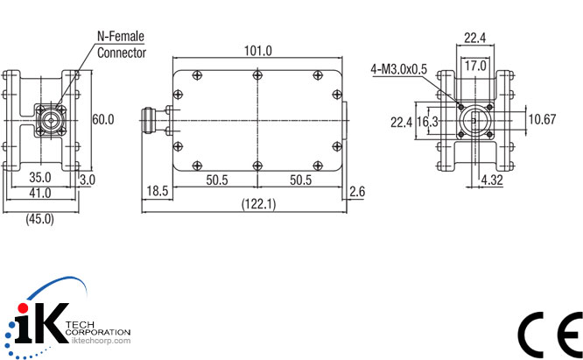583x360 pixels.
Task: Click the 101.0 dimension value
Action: (257, 51)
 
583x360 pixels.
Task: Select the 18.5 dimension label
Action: (158, 191)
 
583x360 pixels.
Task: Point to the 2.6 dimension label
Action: (356, 191)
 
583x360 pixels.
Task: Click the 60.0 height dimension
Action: (104, 119)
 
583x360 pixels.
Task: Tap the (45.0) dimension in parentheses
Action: (39, 219)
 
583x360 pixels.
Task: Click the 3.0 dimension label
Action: (88, 179)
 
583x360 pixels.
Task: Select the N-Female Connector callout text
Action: (121, 45)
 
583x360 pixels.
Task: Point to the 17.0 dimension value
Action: (475, 66)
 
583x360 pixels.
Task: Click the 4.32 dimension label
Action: (493, 181)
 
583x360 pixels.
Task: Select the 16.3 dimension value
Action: (428, 122)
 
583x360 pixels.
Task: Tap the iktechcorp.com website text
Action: (99, 340)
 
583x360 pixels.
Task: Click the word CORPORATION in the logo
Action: (99, 332)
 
